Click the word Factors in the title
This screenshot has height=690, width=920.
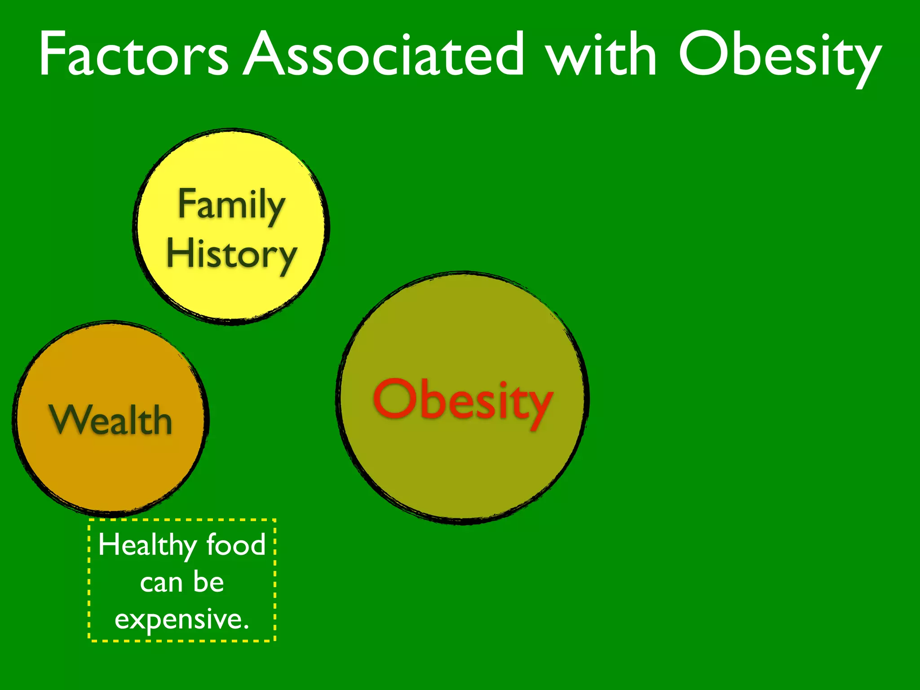(x=134, y=55)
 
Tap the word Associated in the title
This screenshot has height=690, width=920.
(x=385, y=55)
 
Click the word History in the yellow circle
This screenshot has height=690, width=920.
(x=231, y=254)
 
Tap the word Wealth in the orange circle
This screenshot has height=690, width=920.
(x=111, y=420)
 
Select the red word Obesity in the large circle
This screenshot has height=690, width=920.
(x=463, y=400)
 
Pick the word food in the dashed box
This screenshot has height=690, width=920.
(x=236, y=544)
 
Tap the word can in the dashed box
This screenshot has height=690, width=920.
(x=161, y=583)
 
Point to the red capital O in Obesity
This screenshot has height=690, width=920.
(x=395, y=398)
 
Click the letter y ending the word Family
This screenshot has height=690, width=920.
(x=274, y=209)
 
